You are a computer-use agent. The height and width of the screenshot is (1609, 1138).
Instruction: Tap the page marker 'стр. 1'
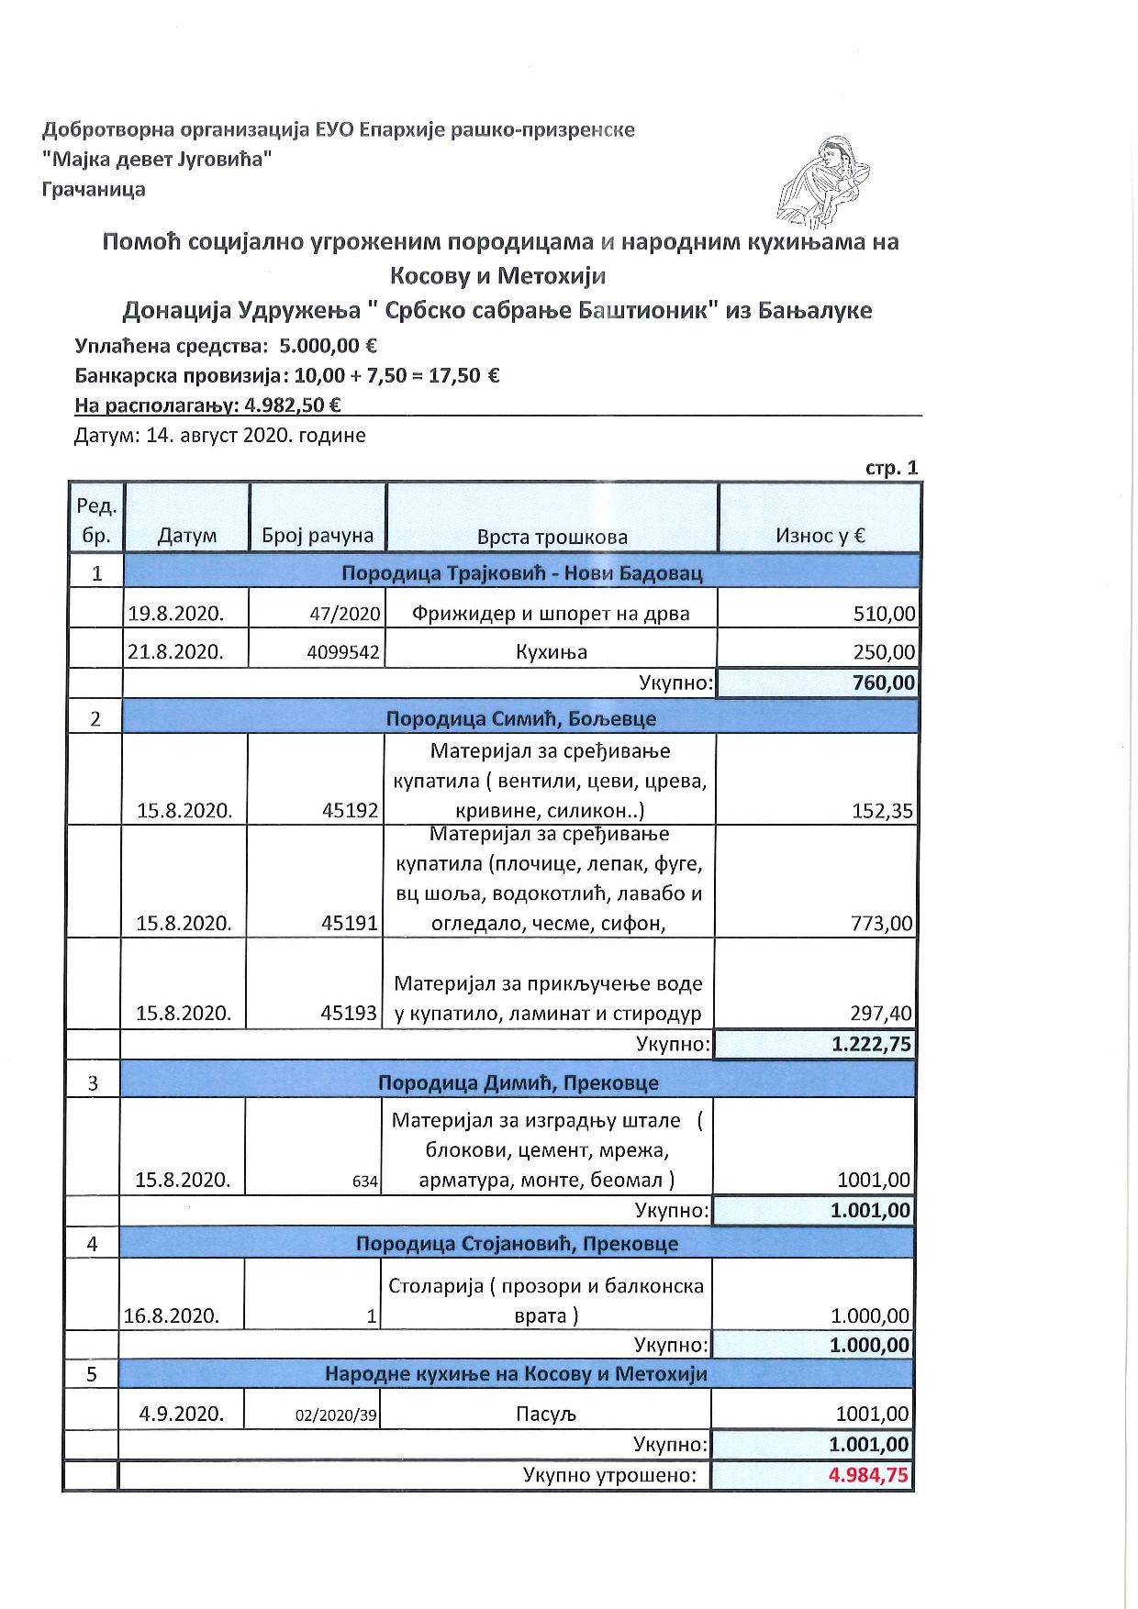891,468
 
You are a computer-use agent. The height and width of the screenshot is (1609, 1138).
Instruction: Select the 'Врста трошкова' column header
552,537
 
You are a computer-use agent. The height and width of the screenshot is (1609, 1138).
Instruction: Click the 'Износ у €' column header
820,536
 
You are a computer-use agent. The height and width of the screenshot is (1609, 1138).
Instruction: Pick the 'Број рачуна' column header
318,536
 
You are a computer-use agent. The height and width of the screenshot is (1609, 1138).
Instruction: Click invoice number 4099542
345,653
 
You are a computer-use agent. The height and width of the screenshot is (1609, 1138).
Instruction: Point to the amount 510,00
884,614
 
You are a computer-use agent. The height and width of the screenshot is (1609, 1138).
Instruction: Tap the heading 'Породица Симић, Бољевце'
520,718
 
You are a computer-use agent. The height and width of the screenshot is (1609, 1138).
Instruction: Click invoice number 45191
350,923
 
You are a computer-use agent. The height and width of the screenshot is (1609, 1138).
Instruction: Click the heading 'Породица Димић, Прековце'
518,1082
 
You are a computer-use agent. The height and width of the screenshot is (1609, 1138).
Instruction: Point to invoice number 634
365,1182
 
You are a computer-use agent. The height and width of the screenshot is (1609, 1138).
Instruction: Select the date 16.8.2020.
172,1316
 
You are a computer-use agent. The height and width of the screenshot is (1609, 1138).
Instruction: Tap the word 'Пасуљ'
545,1414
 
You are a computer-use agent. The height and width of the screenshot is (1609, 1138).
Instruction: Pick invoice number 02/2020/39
336,1415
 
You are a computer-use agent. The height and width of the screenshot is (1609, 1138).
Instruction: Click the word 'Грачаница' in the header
94,190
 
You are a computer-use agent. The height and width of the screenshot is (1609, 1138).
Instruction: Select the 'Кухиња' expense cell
551,652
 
